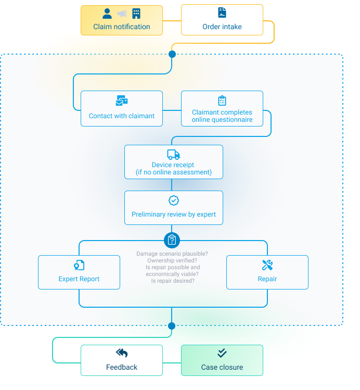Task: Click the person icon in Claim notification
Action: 107,14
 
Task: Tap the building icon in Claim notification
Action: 136,14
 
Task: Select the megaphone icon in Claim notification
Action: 122,14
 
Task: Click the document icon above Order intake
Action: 222,14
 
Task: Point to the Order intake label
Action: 222,27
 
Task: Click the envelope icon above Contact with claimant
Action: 122,101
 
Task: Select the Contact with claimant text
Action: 122,116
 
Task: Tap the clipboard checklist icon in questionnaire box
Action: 222,100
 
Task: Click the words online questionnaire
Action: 222,120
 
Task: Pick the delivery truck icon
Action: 173,155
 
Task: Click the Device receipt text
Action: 173,165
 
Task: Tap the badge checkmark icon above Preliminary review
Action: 173,200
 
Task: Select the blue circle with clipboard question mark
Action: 172,240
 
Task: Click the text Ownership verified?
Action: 172,260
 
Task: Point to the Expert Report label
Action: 79,279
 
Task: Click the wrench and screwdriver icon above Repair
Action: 267,265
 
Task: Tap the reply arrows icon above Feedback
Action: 122,353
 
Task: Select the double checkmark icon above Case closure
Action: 222,353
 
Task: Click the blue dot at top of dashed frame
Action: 172,54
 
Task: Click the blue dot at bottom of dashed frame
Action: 172,326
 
